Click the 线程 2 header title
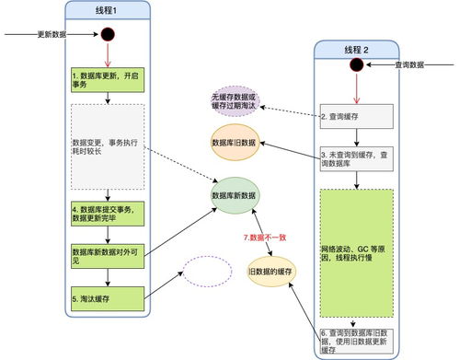[355, 49]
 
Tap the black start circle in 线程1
[108, 37]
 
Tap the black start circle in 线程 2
[356, 65]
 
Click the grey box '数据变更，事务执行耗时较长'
[108, 145]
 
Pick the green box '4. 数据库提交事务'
[108, 214]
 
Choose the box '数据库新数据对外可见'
[108, 255]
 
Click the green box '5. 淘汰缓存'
[108, 298]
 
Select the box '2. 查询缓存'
[356, 117]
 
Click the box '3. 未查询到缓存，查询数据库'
[356, 158]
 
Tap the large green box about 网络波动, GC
[356, 253]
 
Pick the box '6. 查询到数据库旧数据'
[356, 339]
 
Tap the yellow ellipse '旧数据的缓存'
[270, 273]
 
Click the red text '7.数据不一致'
[264, 237]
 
